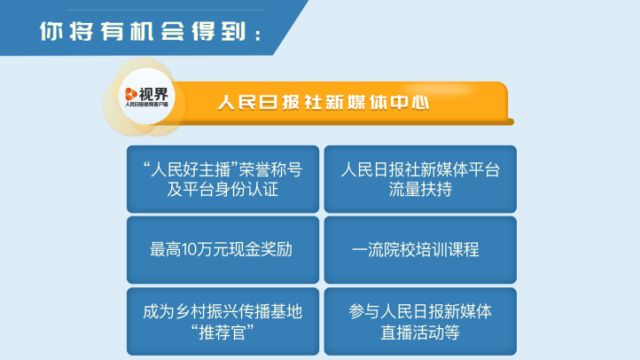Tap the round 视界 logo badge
coord(146,97)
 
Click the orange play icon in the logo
coord(131,94)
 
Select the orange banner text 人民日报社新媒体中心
coord(324,103)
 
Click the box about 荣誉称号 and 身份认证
coord(222,179)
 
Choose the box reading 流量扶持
coord(420,179)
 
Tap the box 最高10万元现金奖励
coord(222,250)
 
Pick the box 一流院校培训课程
coord(420,250)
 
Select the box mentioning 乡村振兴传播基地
coord(222,322)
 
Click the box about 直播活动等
coord(420,322)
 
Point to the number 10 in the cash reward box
coord(189,250)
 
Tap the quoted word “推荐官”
coord(222,333)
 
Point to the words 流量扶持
coord(420,190)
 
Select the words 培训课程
coord(448,250)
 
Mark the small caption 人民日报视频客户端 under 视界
coord(146,105)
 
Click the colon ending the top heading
coord(258,35)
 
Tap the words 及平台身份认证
coord(222,190)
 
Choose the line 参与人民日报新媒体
coord(420,312)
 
